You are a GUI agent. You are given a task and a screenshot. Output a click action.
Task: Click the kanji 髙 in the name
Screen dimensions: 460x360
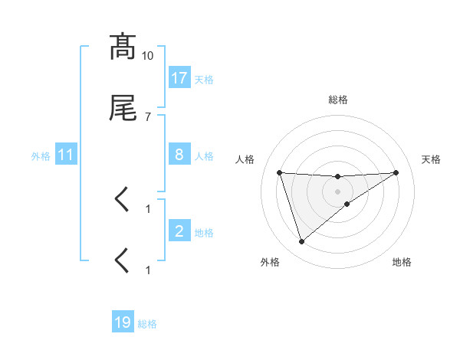coord(123,47)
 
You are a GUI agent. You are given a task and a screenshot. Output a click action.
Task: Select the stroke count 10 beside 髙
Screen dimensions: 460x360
coord(148,56)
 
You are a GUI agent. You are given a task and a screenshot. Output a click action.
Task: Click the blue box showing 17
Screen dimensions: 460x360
coord(179,78)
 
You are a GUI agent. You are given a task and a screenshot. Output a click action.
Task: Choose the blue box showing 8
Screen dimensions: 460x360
coord(179,155)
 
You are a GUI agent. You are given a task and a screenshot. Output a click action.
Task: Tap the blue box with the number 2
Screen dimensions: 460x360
coord(179,231)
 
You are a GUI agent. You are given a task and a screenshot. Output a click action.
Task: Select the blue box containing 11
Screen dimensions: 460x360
coord(66,155)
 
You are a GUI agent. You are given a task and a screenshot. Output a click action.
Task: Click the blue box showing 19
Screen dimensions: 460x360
coord(123,322)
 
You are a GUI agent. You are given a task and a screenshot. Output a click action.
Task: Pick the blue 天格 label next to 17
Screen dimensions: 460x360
coord(204,79)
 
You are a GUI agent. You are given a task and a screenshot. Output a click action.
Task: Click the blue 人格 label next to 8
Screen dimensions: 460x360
coord(204,155)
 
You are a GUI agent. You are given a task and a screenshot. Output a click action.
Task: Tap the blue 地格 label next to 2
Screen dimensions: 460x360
coord(204,232)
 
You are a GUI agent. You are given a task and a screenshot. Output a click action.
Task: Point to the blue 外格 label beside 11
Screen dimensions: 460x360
coord(41,155)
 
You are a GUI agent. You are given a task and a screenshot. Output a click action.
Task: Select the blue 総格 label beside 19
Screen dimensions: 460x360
coord(147,323)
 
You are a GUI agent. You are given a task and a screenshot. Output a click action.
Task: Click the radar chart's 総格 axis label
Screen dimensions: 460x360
coord(338,100)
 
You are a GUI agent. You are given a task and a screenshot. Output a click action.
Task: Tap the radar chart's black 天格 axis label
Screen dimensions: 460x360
coord(431,159)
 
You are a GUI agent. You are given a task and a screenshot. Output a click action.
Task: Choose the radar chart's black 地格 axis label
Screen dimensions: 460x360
coord(402,262)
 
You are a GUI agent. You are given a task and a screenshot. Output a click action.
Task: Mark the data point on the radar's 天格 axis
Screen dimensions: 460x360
coord(396,172)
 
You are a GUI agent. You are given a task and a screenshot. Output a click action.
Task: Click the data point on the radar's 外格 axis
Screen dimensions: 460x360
coord(301,242)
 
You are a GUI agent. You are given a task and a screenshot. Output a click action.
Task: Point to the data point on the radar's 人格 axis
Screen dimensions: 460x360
coord(280,172)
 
